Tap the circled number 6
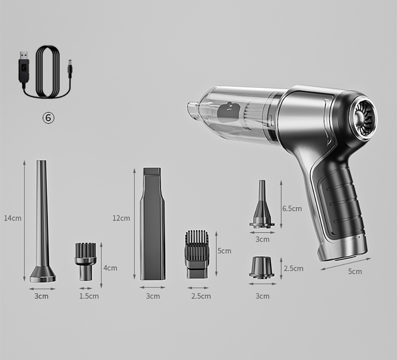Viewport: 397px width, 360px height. click(x=48, y=118)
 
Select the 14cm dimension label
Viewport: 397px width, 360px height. click(x=13, y=218)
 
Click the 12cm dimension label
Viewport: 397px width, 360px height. click(x=121, y=218)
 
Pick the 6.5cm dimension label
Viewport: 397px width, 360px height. click(x=292, y=209)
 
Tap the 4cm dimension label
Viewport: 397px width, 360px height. click(x=110, y=268)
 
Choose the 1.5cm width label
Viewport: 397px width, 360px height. click(x=89, y=296)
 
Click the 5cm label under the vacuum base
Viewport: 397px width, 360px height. click(x=355, y=271)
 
